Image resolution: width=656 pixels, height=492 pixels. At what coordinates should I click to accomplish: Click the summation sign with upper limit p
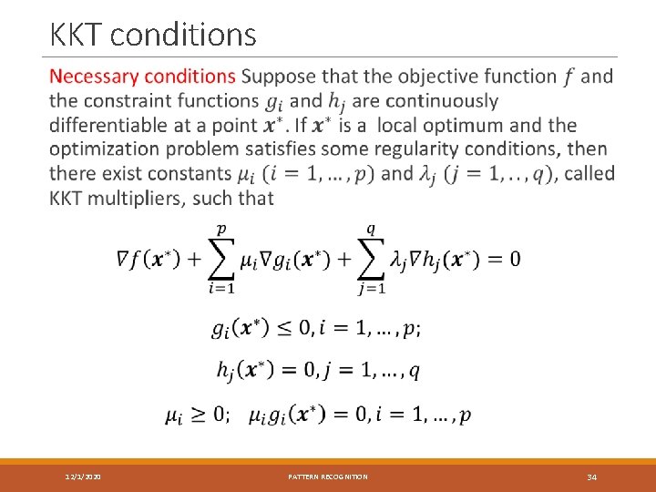click(x=220, y=260)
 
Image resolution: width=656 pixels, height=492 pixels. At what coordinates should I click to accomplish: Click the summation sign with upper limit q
click(x=371, y=260)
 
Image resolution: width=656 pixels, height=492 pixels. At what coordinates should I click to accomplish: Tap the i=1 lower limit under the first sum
click(x=220, y=290)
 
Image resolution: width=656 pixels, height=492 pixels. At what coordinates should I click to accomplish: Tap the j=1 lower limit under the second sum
click(x=371, y=290)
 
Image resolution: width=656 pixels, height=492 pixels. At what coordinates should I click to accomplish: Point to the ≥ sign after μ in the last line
click(x=199, y=415)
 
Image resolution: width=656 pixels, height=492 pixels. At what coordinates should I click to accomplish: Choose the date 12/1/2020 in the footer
click(x=83, y=477)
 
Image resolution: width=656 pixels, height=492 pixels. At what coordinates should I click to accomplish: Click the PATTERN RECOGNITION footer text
click(x=328, y=477)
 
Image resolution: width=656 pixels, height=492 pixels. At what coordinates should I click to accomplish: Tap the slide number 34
click(x=591, y=477)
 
